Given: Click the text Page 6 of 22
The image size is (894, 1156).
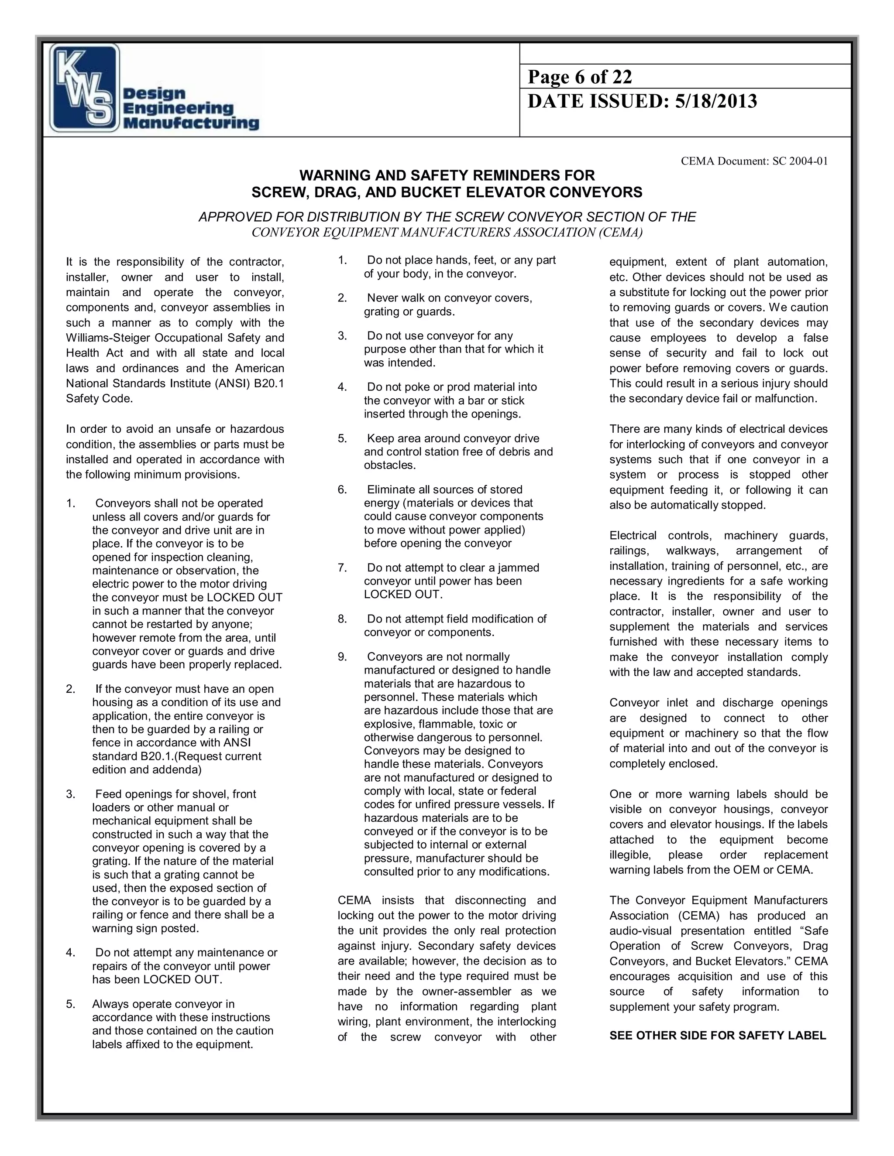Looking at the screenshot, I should (x=579, y=77).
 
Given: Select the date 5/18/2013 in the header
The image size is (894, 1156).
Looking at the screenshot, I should (x=715, y=101).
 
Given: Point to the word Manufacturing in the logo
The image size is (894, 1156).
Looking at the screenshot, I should (x=191, y=124).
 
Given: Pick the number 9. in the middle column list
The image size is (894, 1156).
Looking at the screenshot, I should (x=343, y=657).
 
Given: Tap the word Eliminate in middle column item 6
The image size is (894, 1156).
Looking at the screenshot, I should (x=392, y=489).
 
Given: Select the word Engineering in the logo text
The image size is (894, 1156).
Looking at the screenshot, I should (x=178, y=109).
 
